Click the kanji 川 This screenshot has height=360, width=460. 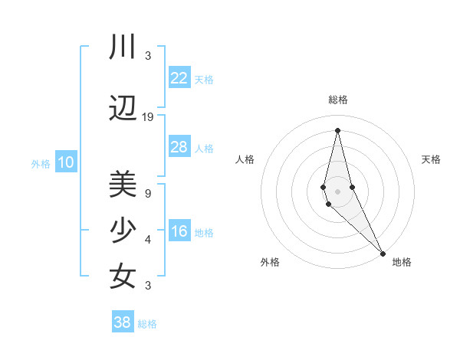[123, 47]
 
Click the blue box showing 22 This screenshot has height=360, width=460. [179, 78]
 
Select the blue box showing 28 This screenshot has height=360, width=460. [179, 147]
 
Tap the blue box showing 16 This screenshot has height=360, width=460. [179, 232]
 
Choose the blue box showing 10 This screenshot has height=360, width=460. [65, 162]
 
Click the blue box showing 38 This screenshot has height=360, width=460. [123, 322]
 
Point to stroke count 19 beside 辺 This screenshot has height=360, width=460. [148, 117]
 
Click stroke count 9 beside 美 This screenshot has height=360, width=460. [148, 193]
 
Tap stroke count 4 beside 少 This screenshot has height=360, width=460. [148, 240]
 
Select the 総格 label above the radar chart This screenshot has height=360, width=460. [337, 100]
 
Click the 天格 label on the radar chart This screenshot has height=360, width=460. [431, 159]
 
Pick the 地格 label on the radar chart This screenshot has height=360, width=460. [402, 262]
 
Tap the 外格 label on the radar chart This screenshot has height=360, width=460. [270, 262]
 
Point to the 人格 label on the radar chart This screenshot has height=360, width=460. [245, 159]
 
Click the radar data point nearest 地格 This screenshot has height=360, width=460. [383, 252]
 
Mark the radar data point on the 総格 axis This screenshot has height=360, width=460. [337, 130]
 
